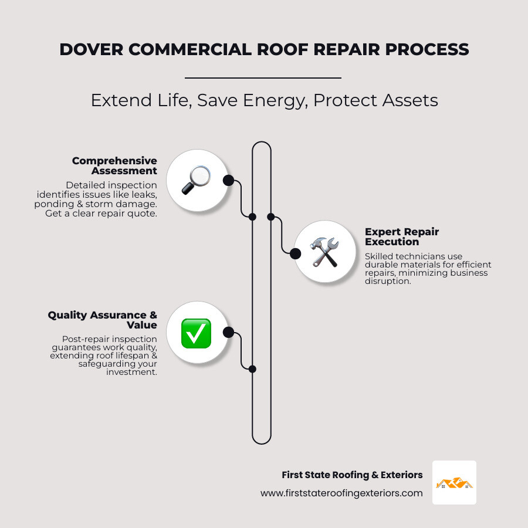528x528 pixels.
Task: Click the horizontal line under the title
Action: coord(263,77)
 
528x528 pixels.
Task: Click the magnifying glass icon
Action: coord(196,180)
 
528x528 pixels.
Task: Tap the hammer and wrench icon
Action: coord(324,252)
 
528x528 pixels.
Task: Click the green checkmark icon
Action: coord(196,333)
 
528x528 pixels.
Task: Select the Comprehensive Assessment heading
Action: coord(114,165)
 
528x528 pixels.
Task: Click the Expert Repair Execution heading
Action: coord(402,236)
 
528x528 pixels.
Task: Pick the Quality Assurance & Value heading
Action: coord(103,320)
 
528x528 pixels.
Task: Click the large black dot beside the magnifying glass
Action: coord(228,180)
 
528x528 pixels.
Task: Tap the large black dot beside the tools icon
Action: coord(295,253)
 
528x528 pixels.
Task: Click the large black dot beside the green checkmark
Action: coord(228,333)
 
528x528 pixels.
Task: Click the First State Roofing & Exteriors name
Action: coord(352,475)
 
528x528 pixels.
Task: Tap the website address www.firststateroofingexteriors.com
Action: coord(341,493)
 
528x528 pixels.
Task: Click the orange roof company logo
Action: coord(454,483)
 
